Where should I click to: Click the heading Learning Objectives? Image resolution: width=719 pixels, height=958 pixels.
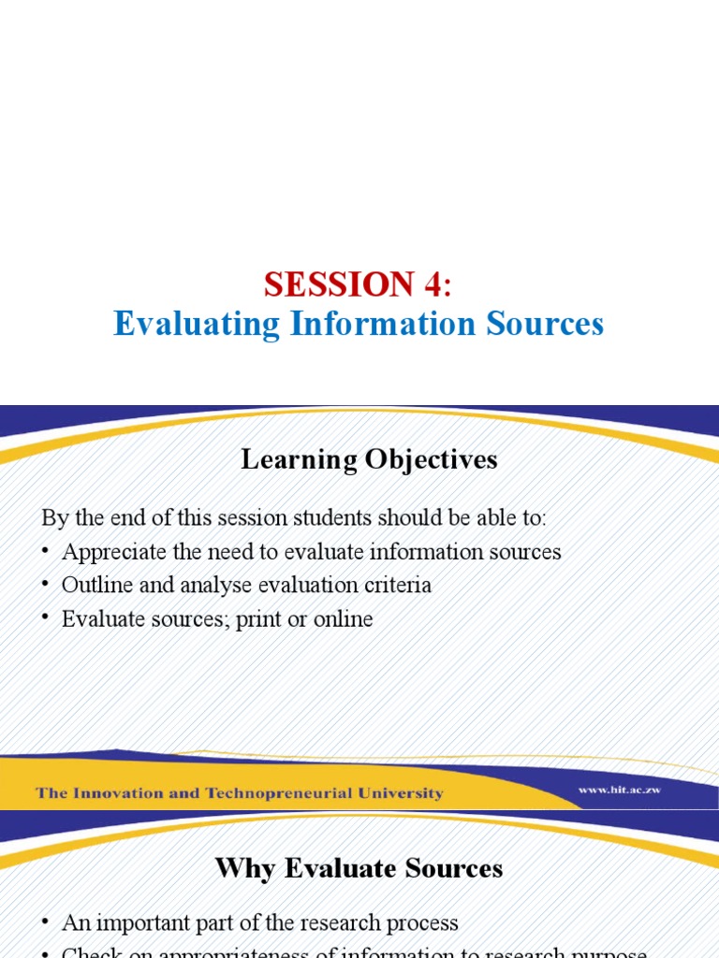(369, 459)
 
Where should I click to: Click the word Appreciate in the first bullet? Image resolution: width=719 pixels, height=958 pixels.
(107, 552)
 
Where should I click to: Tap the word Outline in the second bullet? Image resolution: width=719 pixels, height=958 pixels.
(94, 586)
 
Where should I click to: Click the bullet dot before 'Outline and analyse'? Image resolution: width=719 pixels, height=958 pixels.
(47, 587)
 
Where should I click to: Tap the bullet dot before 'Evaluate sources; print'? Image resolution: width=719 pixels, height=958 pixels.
(47, 620)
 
